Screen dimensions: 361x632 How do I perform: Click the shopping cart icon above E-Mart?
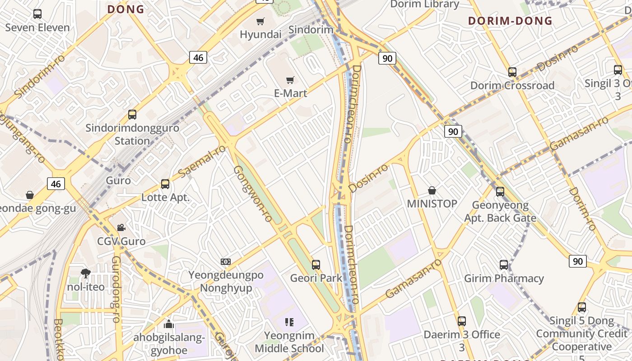pyautogui.click(x=290, y=80)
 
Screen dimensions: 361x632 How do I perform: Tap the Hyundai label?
pyautogui.click(x=260, y=34)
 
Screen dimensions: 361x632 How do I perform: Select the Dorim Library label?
pyautogui.click(x=424, y=5)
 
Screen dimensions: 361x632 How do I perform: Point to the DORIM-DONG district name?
pyautogui.click(x=510, y=21)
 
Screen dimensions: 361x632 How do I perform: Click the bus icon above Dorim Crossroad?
pyautogui.click(x=512, y=72)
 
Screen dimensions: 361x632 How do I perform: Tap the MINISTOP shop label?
pyautogui.click(x=432, y=204)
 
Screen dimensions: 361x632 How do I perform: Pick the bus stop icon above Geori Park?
pyautogui.click(x=316, y=264)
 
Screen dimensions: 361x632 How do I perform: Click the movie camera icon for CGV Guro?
pyautogui.click(x=121, y=227)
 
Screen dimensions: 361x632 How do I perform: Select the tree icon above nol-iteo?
pyautogui.click(x=85, y=273)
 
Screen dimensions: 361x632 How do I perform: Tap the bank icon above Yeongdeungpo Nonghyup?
pyautogui.click(x=226, y=262)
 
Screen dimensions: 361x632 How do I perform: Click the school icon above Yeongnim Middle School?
pyautogui.click(x=289, y=322)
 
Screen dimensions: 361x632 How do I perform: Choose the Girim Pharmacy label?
pyautogui.click(x=504, y=278)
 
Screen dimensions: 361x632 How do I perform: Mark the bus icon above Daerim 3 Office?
pyautogui.click(x=461, y=321)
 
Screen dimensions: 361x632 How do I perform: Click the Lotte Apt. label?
pyautogui.click(x=166, y=197)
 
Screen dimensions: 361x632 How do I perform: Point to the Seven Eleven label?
pyautogui.click(x=37, y=28)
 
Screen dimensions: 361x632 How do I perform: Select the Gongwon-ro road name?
pyautogui.click(x=253, y=194)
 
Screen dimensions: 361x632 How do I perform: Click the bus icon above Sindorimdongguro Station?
pyautogui.click(x=132, y=115)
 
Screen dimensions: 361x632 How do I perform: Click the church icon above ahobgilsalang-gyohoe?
pyautogui.click(x=169, y=324)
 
